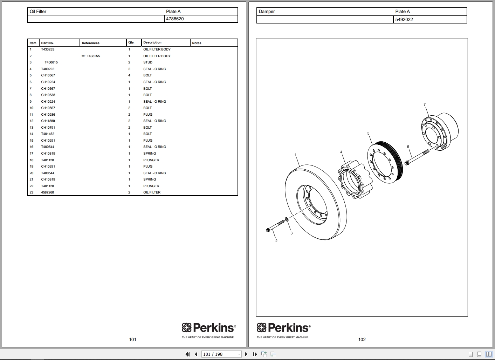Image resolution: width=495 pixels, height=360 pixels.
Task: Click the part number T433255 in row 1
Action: click(48, 49)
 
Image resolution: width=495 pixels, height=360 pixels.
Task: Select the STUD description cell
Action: click(147, 62)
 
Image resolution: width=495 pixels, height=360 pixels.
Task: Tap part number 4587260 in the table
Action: click(48, 192)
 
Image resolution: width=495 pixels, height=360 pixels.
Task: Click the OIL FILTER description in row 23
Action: click(152, 192)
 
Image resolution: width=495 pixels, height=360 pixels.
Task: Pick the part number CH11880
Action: click(48, 121)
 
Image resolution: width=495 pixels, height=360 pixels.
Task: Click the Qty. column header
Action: click(131, 42)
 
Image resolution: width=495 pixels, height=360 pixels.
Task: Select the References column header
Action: click(90, 43)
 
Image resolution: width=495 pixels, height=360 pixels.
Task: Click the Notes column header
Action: click(197, 43)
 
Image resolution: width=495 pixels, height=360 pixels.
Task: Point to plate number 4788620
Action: click(175, 19)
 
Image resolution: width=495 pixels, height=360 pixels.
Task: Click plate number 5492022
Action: click(404, 20)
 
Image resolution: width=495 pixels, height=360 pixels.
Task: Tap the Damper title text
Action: click(267, 12)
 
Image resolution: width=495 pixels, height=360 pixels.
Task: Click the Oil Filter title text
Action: click(38, 12)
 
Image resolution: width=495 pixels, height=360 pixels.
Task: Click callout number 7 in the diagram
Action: click(425, 104)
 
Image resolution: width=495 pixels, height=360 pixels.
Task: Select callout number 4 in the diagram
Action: click(341, 152)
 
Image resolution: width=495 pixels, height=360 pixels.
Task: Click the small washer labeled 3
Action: click(287, 219)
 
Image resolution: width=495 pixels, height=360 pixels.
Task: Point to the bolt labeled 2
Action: click(276, 226)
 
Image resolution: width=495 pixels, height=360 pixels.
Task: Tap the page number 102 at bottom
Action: click(362, 339)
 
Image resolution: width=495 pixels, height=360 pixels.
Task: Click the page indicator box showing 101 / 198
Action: click(221, 354)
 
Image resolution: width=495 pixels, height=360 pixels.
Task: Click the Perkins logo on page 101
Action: click(209, 328)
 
